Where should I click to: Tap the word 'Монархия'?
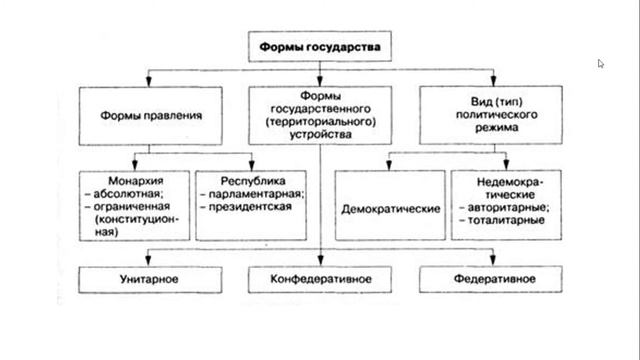click(113, 179)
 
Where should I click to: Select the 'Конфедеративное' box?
click(320, 276)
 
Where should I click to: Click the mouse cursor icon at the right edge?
click(601, 64)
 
